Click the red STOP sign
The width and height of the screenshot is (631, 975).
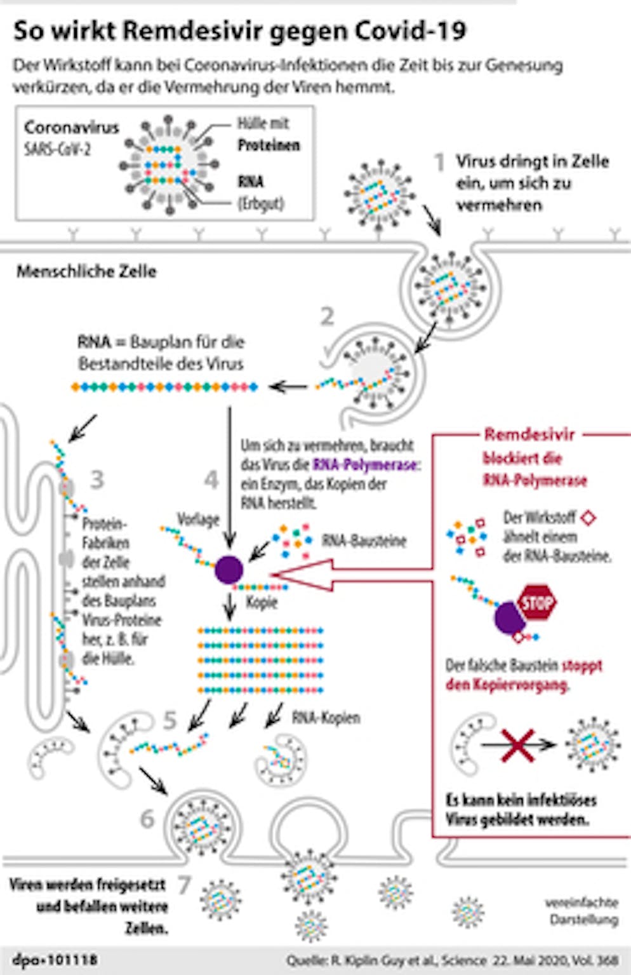(x=537, y=603)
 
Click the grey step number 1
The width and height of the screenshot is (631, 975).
(x=439, y=163)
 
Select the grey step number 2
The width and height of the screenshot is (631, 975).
(x=327, y=316)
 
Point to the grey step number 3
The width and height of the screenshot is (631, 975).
(x=96, y=480)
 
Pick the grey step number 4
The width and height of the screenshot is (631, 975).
(x=211, y=480)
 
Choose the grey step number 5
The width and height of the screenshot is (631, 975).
(x=169, y=720)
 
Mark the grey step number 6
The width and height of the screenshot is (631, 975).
(x=147, y=819)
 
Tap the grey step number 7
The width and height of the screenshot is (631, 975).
(x=184, y=885)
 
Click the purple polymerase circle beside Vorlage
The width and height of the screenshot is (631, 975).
(x=229, y=570)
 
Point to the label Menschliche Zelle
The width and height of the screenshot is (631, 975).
(x=86, y=272)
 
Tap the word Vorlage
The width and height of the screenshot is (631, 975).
(x=197, y=520)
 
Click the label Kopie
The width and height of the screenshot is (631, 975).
(x=262, y=602)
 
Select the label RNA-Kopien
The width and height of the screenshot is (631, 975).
(x=326, y=718)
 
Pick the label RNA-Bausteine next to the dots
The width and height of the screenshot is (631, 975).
(x=364, y=541)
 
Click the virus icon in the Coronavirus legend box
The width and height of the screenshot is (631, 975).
(x=169, y=165)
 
